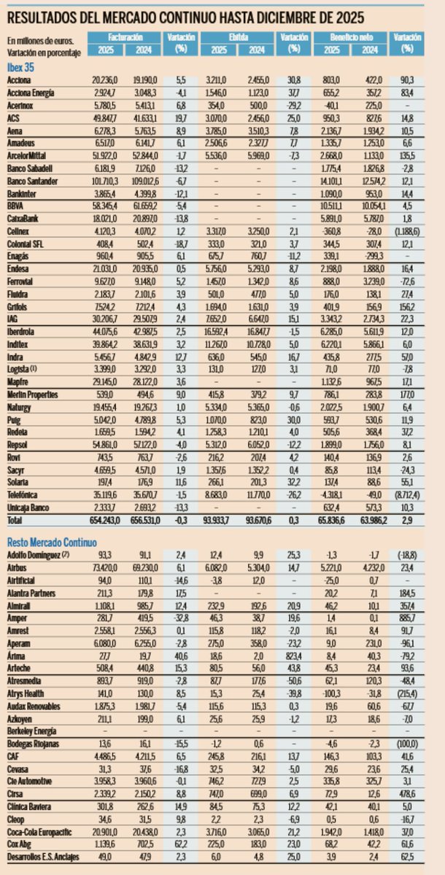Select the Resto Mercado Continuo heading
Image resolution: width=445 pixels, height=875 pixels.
(x=52, y=542)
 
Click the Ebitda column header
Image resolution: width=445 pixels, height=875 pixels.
(x=239, y=36)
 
